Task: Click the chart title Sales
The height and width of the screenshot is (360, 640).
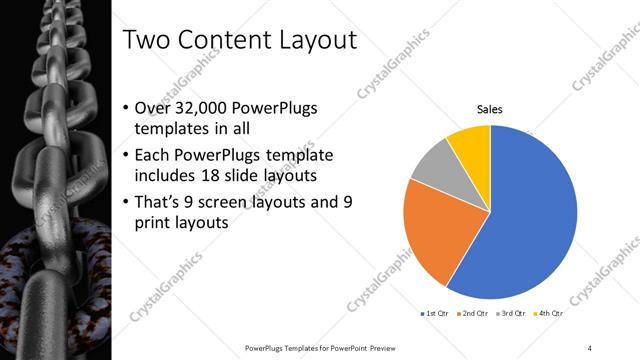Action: coord(489,109)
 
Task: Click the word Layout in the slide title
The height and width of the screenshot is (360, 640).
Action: coord(314,42)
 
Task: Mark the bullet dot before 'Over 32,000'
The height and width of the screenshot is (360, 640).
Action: coord(124,108)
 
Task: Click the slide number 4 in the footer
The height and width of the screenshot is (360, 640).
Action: coord(590,347)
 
